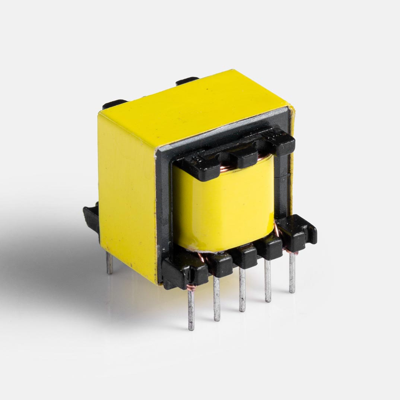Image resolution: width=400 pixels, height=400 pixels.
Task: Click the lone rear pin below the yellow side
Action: click(109, 262)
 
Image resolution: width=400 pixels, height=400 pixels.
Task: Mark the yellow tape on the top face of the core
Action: click(194, 104)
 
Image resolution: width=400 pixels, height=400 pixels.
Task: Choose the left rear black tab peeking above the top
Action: click(114, 104)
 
